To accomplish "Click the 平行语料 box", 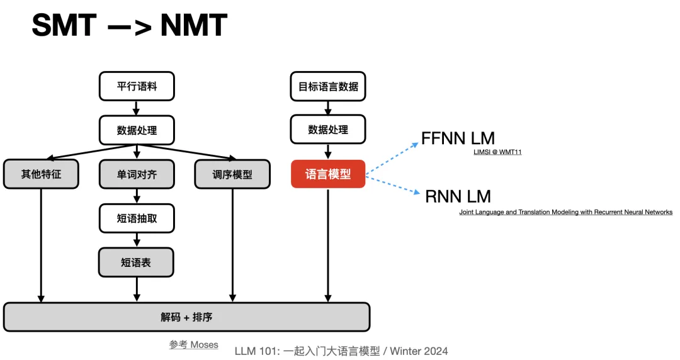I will coord(137,86).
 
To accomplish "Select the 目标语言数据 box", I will coord(328,86).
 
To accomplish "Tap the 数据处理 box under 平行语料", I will coord(137,130).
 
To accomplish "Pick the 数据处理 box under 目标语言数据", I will coord(328,130).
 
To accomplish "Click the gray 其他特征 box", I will coord(41,174).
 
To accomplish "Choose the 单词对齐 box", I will coord(137,174).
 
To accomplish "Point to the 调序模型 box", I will coord(232,174).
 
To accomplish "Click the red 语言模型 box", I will coord(328,174).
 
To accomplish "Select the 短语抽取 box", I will coord(137,218).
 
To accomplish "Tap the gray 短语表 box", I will coord(137,262).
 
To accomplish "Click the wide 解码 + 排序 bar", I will coord(186,317).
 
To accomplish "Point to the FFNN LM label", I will coord(458,138).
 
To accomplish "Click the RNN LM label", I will coord(458,196).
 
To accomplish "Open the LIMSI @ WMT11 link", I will coord(497,152).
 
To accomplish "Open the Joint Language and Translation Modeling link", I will coord(565,212).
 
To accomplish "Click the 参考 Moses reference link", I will coord(194,344).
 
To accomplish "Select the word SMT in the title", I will coord(64,26).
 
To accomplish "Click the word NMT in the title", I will coord(193,26).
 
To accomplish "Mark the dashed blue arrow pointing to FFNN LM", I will coord(392,157).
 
